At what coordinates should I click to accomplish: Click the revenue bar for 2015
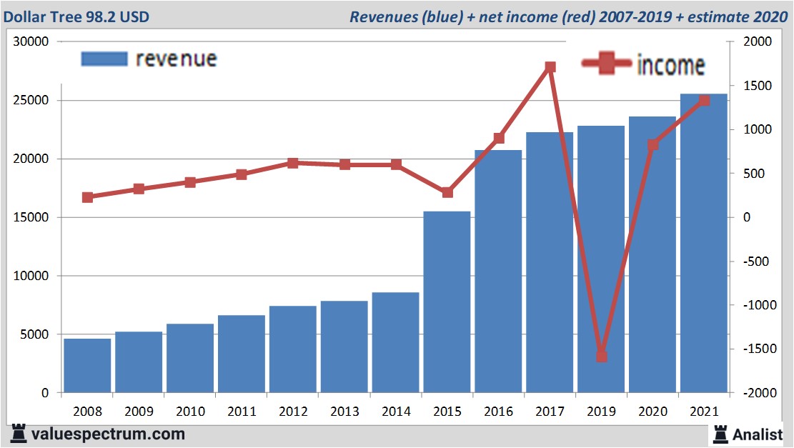(x=447, y=302)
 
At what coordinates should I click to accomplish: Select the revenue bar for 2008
(x=87, y=365)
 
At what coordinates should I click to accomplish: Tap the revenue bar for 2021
(x=703, y=243)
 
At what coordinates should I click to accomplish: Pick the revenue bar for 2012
(x=292, y=349)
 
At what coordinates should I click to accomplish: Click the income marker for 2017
(x=550, y=67)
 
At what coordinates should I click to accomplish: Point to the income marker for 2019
(x=601, y=357)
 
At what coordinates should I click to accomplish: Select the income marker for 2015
(x=447, y=192)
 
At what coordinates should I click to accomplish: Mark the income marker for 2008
(x=87, y=197)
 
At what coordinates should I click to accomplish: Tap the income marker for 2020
(x=652, y=145)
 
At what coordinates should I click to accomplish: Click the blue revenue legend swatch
(x=104, y=59)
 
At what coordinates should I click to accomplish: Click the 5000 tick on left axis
(x=34, y=334)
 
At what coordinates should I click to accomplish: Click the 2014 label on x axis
(x=395, y=412)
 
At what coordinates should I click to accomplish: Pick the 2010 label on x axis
(x=190, y=412)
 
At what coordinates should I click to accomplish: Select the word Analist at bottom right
(x=758, y=434)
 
